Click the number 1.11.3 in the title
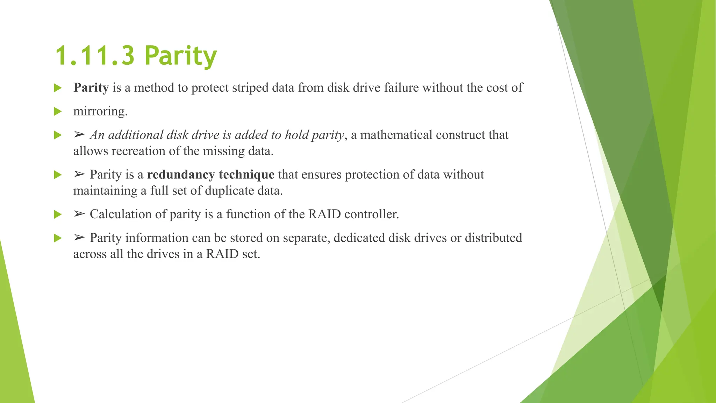click(95, 56)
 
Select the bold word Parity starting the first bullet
click(91, 88)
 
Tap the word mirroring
click(100, 112)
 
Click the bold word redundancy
click(181, 175)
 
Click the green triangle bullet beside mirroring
click(58, 112)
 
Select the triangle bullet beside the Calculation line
click(58, 214)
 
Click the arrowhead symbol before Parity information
click(79, 238)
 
